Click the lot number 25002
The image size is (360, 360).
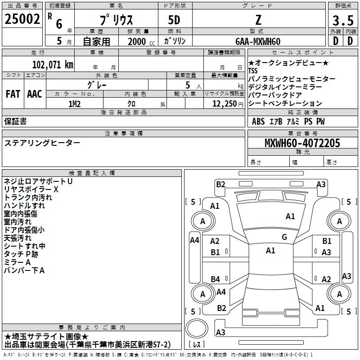[22, 19]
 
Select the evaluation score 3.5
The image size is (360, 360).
[342, 21]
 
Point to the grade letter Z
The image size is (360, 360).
[258, 20]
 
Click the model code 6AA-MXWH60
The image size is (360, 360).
[258, 41]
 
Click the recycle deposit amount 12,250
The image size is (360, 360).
[224, 103]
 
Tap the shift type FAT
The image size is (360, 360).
[13, 94]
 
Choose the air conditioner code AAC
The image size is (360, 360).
[34, 94]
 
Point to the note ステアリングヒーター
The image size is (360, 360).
[42, 143]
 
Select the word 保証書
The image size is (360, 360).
[15, 121]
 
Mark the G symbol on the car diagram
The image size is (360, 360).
[284, 237]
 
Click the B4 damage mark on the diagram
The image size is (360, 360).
[216, 279]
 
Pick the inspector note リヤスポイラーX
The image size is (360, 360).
[31, 189]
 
